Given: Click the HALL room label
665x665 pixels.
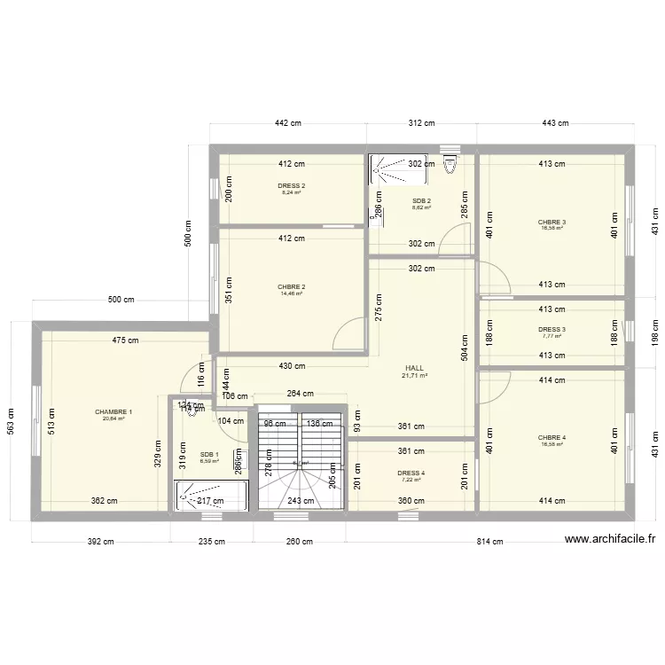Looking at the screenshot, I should [415, 367].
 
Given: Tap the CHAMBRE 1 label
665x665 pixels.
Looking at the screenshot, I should [113, 411].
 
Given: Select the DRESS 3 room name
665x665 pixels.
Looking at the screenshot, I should [552, 329].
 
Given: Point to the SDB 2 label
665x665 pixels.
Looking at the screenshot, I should [421, 201].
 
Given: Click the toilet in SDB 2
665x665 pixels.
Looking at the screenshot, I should [450, 162].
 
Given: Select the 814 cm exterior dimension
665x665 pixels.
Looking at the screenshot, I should [489, 541].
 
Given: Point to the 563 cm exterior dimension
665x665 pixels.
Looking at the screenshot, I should [12, 422].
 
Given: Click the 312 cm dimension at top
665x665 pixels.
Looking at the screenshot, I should [421, 123].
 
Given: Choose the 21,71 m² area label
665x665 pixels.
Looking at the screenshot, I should [415, 376].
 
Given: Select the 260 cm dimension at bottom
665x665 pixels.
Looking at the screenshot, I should [299, 541].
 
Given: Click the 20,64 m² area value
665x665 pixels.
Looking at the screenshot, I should [113, 419].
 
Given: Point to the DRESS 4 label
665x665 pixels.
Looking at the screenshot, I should [411, 473].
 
